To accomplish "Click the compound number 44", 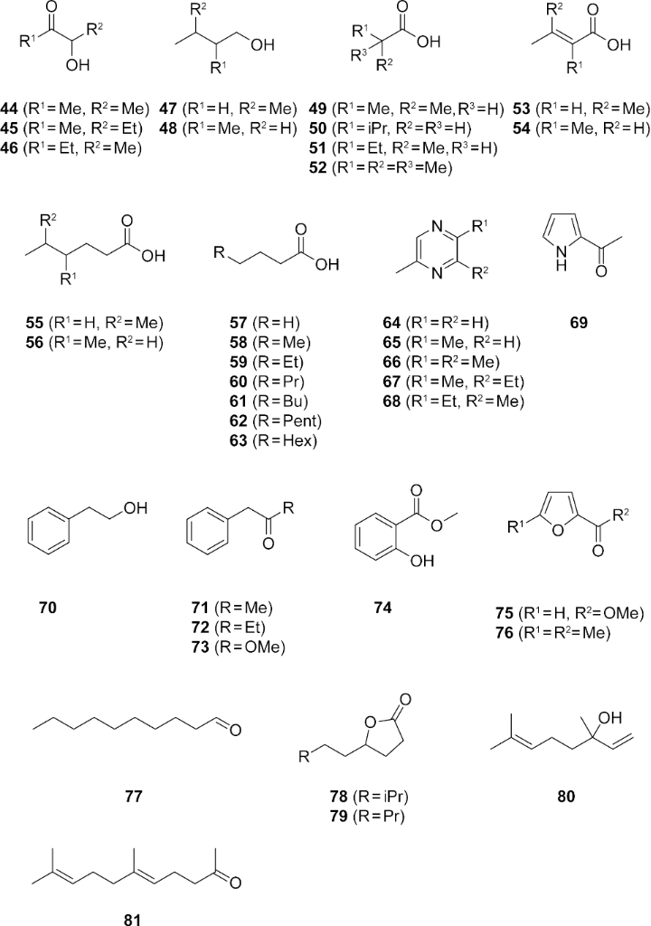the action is coord(9,109).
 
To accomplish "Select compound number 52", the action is coord(318,167).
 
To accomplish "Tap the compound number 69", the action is coord(579,323).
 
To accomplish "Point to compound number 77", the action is coord(134,796).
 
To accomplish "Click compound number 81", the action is coord(133,919).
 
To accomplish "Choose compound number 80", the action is coord(566,796).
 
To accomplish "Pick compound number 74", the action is coord(382,607).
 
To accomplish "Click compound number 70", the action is coord(48,607).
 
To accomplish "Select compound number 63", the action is coord(239,440).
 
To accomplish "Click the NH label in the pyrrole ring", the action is coord(561,260).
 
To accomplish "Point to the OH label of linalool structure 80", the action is coord(610,717).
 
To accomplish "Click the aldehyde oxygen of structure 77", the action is coord(235,731).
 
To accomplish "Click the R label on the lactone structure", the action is coord(304,757).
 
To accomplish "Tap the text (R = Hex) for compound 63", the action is coord(285,440).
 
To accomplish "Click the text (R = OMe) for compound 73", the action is coord(250,647).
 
